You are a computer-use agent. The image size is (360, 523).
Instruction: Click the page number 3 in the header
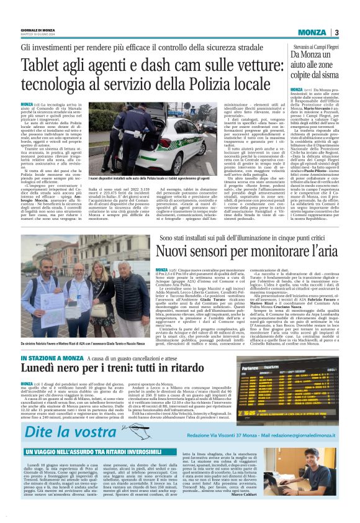335,32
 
